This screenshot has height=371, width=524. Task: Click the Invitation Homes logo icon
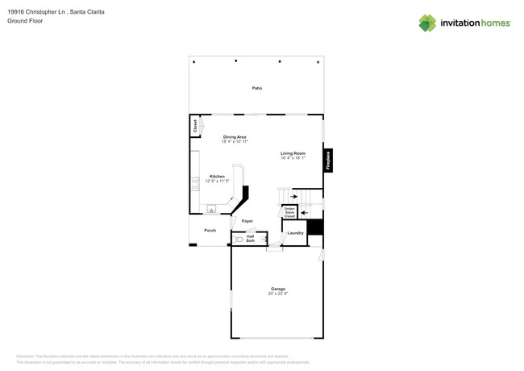pos(427,23)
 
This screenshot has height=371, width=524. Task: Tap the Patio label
pos(256,88)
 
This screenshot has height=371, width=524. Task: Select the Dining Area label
pos(235,137)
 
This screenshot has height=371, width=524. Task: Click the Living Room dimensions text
pos(293,158)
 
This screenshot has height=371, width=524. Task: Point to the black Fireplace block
pos(328,160)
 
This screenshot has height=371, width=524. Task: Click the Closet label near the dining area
pos(194,126)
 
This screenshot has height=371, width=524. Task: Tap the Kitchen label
pos(217,176)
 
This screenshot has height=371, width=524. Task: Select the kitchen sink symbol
pos(211,210)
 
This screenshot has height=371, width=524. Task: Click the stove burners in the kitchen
pos(195,184)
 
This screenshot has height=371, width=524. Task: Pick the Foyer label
pos(247,221)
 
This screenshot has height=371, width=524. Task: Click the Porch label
pos(210,231)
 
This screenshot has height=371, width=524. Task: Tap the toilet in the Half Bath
pos(239,240)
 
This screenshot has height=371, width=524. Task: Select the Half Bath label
pos(251,239)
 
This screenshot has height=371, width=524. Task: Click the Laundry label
pos(296,233)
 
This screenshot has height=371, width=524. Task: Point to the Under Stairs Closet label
pos(289,212)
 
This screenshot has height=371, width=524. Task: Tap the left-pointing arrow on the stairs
pos(304,213)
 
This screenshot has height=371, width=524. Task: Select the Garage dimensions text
pos(277,294)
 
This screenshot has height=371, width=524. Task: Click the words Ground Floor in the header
pos(25,21)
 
